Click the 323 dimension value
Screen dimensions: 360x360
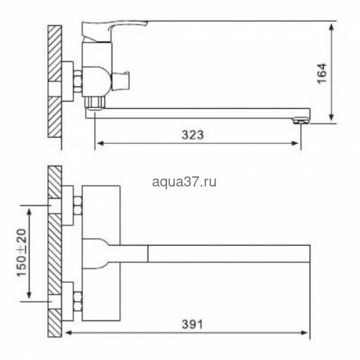192,135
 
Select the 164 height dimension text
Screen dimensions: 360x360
322,73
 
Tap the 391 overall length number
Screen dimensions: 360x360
192,325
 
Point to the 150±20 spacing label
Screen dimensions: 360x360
22,253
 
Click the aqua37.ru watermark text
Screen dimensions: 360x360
184,181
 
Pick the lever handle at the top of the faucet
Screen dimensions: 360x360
114,30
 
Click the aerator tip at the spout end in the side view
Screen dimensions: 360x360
302,120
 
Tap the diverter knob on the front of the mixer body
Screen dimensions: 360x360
121,81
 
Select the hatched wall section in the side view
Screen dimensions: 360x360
55,81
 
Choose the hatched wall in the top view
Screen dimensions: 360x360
55,251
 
